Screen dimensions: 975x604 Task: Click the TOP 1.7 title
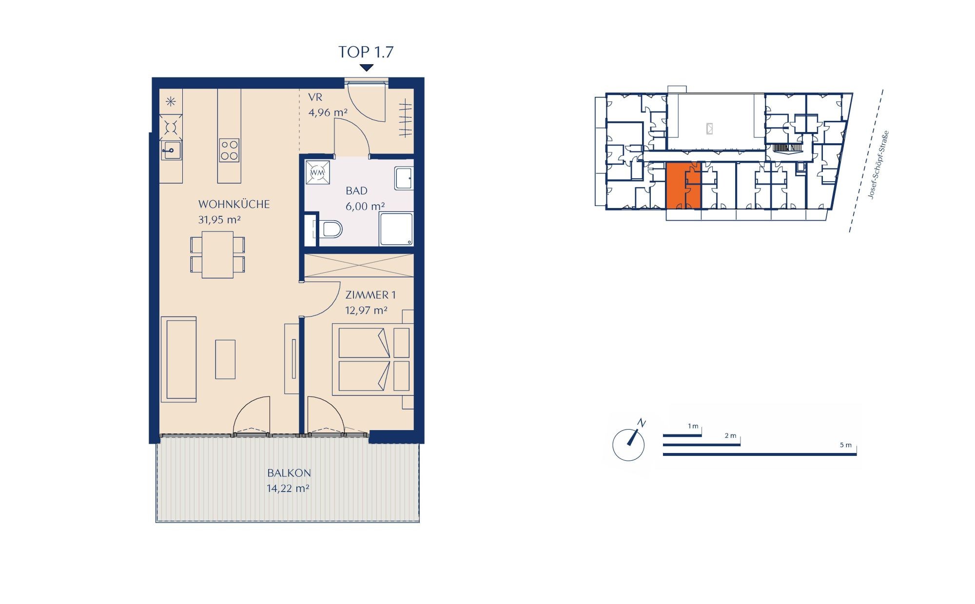pyautogui.click(x=366, y=52)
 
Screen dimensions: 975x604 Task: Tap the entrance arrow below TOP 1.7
pyautogui.click(x=367, y=68)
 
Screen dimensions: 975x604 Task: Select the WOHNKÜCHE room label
pyautogui.click(x=234, y=204)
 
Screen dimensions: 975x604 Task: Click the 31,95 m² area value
pyautogui.click(x=219, y=220)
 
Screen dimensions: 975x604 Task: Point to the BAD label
pyautogui.click(x=356, y=191)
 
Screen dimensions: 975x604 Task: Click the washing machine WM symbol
pyautogui.click(x=317, y=172)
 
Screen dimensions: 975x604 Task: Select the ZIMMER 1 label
pyautogui.click(x=370, y=295)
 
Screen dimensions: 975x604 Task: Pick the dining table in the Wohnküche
pyautogui.click(x=217, y=255)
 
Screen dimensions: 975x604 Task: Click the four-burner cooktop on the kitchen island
pyautogui.click(x=229, y=150)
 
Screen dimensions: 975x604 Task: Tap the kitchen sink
pyautogui.click(x=171, y=150)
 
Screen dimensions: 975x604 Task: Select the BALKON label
pyautogui.click(x=289, y=473)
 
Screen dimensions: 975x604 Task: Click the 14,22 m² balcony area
pyautogui.click(x=288, y=488)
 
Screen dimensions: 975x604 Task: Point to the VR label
pyautogui.click(x=315, y=97)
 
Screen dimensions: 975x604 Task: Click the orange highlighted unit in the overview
pyautogui.click(x=683, y=187)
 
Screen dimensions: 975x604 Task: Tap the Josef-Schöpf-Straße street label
pyautogui.click(x=879, y=164)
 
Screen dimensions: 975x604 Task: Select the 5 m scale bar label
pyautogui.click(x=846, y=445)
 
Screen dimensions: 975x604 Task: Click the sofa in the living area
pyautogui.click(x=178, y=359)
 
